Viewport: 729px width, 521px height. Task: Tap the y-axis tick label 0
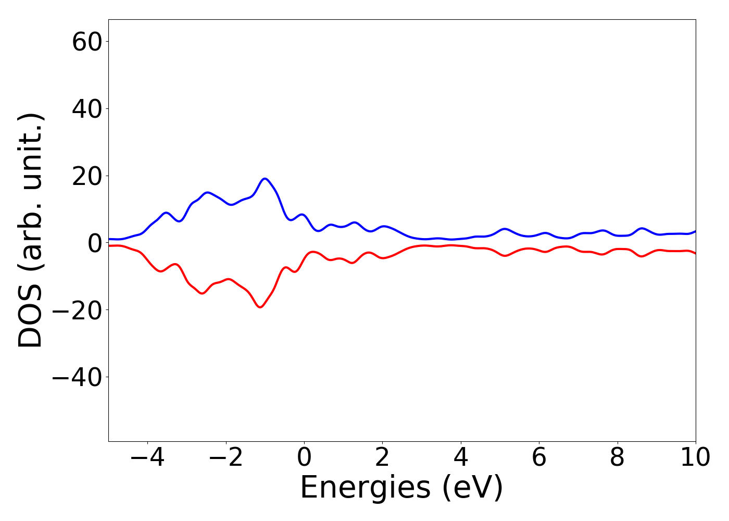tap(95, 243)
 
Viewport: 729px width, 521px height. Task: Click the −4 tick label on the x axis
tap(147, 457)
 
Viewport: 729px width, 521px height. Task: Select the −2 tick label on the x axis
tap(225, 457)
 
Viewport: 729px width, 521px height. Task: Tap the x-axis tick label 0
tap(304, 457)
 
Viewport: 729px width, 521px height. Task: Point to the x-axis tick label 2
tap(382, 457)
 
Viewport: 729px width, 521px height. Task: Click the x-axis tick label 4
tap(461, 457)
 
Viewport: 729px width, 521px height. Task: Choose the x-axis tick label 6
tap(539, 457)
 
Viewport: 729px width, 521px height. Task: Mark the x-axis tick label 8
tap(617, 457)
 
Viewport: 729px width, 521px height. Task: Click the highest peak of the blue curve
tap(265, 179)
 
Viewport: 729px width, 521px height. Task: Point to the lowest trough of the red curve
tap(260, 307)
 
